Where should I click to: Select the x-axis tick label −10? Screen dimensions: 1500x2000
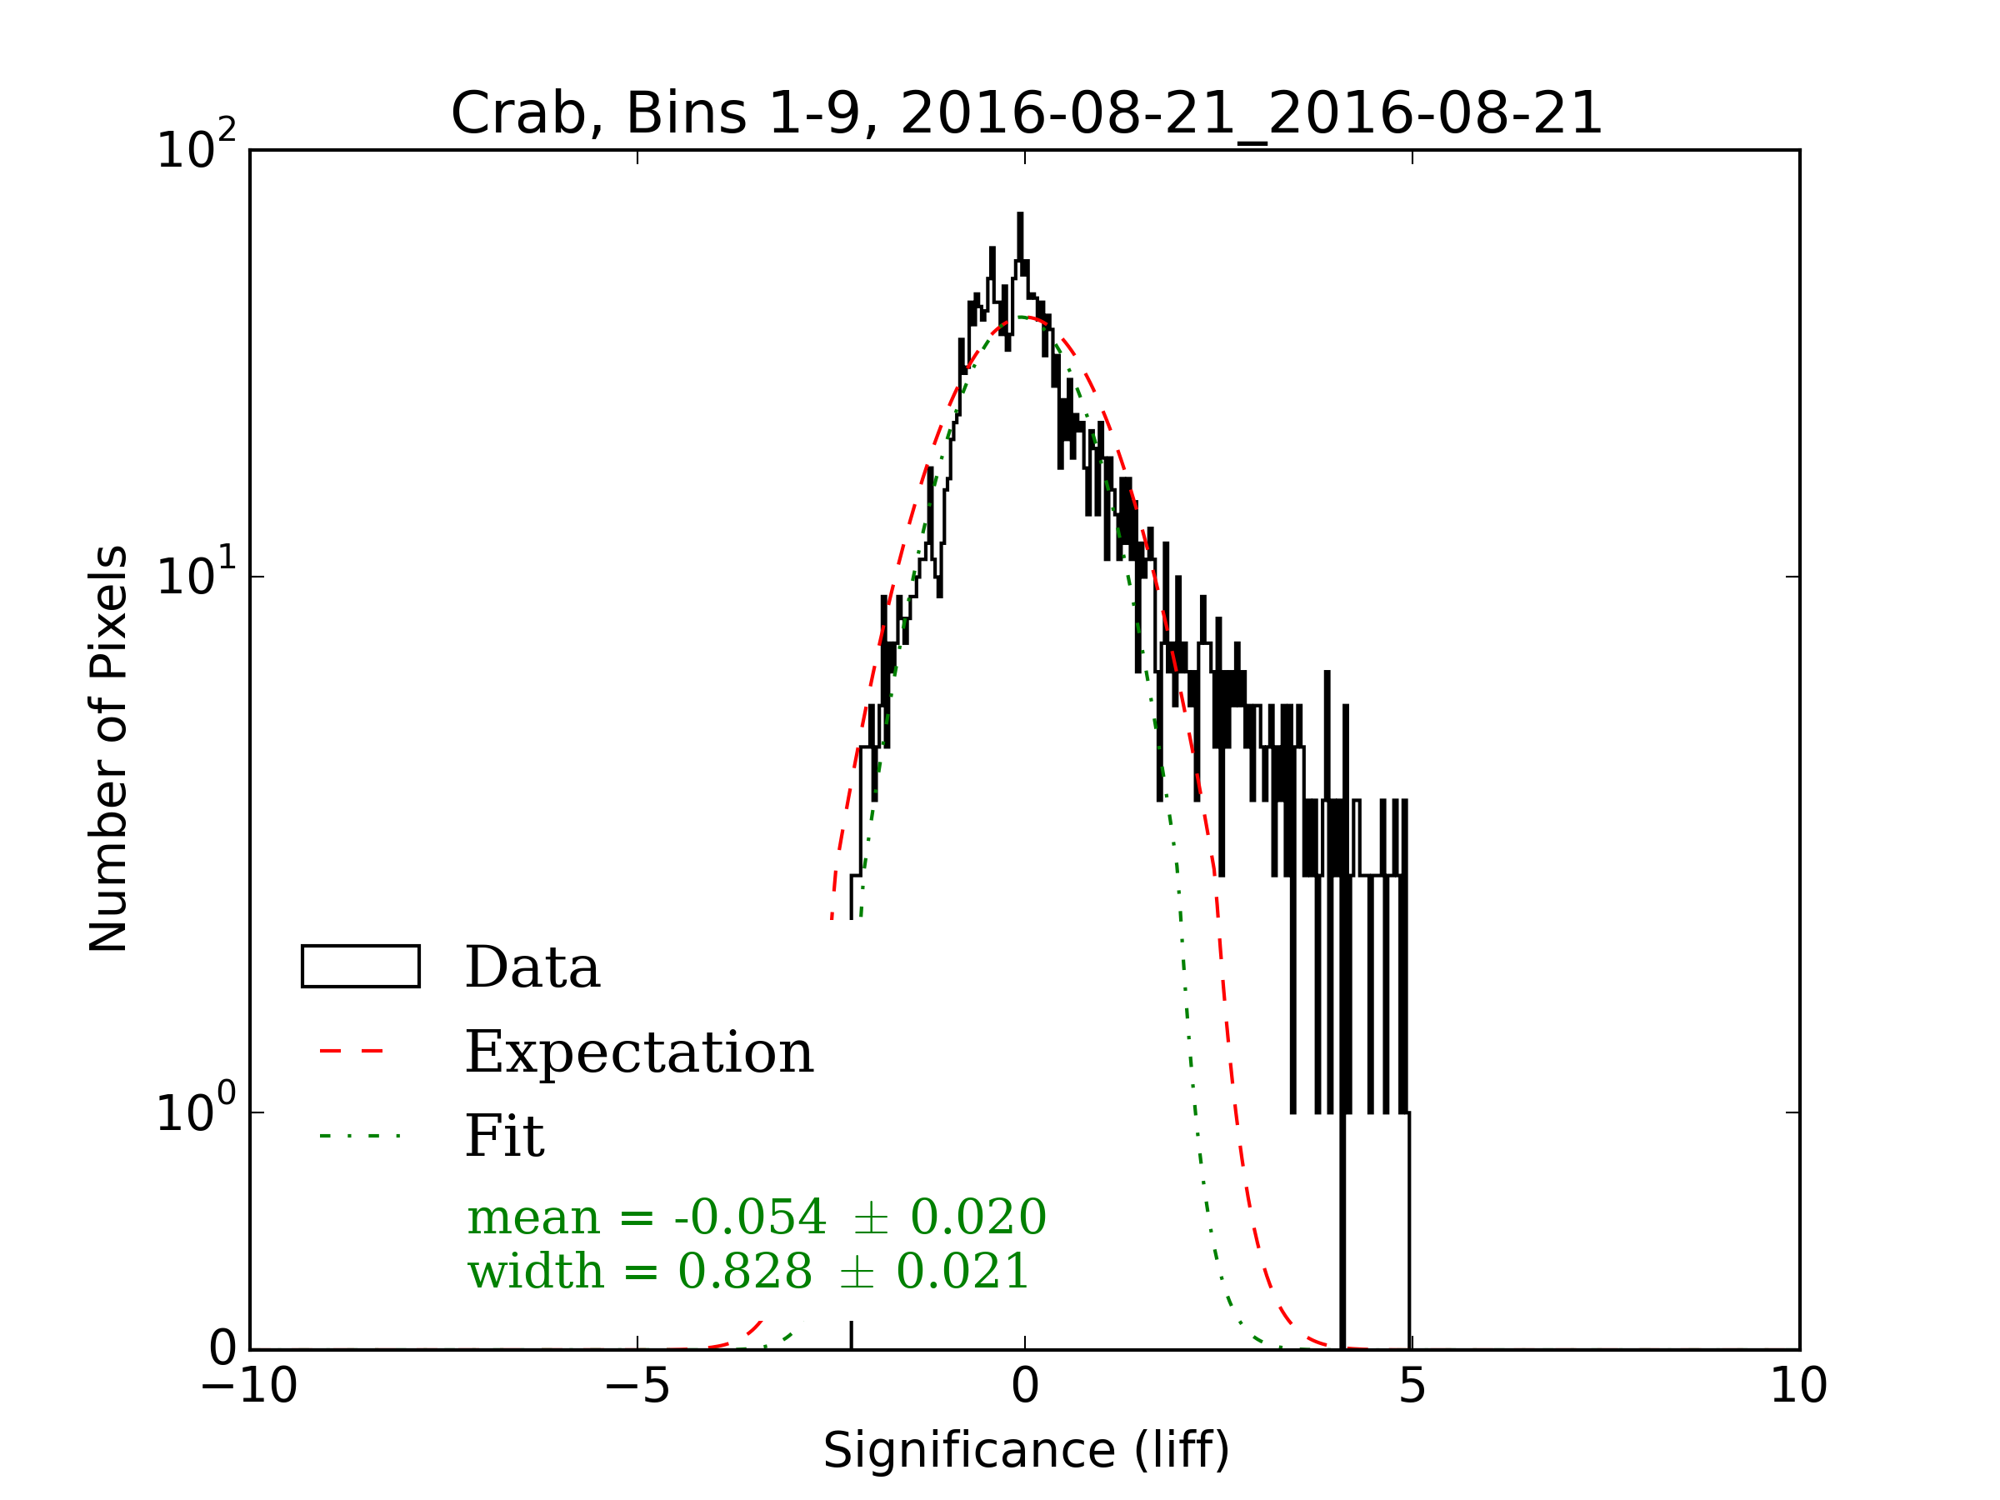tap(249, 1386)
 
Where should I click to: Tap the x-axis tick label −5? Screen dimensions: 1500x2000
tap(637, 1386)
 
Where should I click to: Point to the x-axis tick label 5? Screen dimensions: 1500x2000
tap(1412, 1386)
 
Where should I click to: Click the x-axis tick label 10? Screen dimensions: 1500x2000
tap(1798, 1386)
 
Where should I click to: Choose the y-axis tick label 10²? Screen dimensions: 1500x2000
tap(195, 149)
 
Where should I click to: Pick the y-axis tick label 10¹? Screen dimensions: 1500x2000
tap(195, 576)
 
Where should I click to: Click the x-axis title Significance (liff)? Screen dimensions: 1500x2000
tap(1026, 1451)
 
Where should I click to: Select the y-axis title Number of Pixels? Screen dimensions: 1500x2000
tap(108, 748)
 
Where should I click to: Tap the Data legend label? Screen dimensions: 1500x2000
tap(532, 967)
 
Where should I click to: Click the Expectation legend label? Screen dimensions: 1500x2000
tap(639, 1052)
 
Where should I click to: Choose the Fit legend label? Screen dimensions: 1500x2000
tap(504, 1136)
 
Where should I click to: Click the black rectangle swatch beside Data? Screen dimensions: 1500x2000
tap(360, 967)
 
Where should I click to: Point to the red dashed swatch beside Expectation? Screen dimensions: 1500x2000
tap(352, 1052)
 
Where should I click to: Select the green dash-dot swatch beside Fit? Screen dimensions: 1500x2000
tap(359, 1136)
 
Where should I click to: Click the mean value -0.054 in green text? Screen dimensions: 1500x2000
tap(749, 1217)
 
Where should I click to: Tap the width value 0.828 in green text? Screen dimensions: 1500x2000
tap(744, 1271)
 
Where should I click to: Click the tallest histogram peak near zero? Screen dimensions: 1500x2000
tap(1020, 217)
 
